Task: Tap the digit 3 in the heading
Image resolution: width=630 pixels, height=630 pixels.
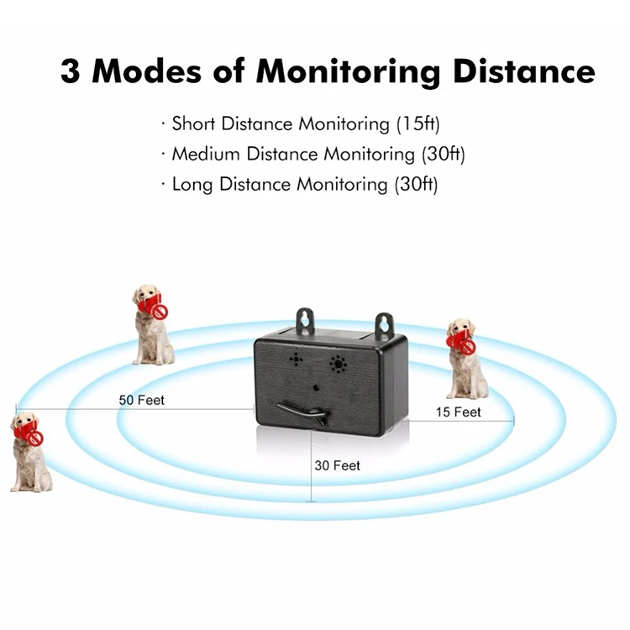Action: [x=71, y=71]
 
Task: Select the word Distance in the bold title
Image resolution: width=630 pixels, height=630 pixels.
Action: [x=525, y=71]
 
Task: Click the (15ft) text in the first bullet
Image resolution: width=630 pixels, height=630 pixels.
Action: [x=417, y=124]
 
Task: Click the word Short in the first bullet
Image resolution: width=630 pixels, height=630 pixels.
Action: [x=194, y=124]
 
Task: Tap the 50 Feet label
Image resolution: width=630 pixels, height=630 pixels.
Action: [x=142, y=400]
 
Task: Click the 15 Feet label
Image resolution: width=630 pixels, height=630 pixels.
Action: [x=458, y=412]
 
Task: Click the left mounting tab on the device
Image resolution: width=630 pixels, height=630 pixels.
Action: [x=305, y=322]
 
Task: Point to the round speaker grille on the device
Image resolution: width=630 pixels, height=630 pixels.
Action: [x=339, y=364]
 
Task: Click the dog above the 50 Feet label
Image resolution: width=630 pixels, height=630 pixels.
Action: [x=152, y=323]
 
